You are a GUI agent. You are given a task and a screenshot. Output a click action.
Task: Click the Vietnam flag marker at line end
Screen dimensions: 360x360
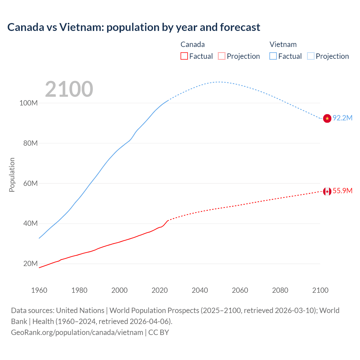[327, 118]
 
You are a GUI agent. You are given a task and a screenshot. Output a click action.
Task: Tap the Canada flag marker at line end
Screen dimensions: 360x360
[327, 192]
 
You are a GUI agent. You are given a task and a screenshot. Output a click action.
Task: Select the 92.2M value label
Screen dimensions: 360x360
[343, 118]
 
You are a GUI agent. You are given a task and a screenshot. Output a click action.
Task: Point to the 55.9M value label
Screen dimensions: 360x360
[343, 191]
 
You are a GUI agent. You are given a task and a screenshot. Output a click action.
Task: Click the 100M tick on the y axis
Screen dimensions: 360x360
[28, 103]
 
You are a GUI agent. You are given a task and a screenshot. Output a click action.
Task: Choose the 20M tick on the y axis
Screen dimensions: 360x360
[30, 264]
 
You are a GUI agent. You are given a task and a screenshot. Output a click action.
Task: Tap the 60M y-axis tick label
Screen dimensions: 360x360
[30, 183]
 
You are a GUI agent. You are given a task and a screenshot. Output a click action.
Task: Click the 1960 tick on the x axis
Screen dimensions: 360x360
[39, 290]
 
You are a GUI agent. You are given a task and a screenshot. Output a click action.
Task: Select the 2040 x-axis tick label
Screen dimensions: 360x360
[200, 290]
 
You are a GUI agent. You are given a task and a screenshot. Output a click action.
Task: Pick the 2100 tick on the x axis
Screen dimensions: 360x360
[320, 290]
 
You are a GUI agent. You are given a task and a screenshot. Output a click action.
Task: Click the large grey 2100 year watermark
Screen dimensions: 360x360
[69, 89]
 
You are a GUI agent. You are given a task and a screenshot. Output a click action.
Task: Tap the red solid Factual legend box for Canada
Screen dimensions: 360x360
[184, 56]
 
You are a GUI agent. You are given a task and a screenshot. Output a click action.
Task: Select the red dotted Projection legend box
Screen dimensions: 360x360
[222, 56]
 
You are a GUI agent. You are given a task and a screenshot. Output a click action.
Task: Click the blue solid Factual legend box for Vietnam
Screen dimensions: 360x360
[273, 56]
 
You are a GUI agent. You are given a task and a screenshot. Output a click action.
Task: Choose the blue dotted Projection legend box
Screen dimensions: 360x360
[311, 56]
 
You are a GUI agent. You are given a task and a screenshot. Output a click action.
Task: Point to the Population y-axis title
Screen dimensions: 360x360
[12, 175]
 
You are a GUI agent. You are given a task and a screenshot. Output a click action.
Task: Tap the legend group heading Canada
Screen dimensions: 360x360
[193, 44]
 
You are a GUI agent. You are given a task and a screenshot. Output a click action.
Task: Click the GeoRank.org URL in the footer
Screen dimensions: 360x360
[77, 332]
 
